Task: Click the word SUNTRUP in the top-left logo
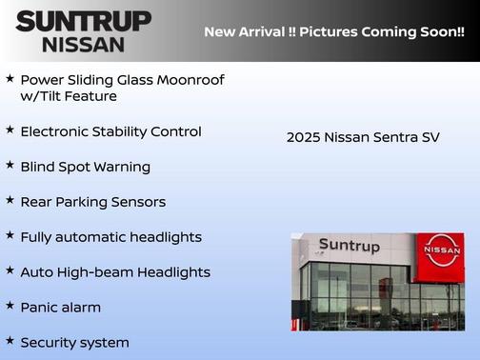tap(83, 21)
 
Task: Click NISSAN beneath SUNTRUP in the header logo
tap(83, 44)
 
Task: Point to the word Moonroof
tap(190, 80)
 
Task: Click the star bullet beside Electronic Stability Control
tap(10, 130)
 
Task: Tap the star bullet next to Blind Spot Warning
tap(10, 166)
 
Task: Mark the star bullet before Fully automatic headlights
tap(10, 236)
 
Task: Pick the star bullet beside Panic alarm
tap(10, 307)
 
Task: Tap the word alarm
tap(80, 308)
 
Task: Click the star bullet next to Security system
tap(10, 341)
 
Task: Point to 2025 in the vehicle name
tap(304, 137)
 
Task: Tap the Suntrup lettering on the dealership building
tap(349, 246)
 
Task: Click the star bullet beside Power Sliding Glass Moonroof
tap(10, 78)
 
